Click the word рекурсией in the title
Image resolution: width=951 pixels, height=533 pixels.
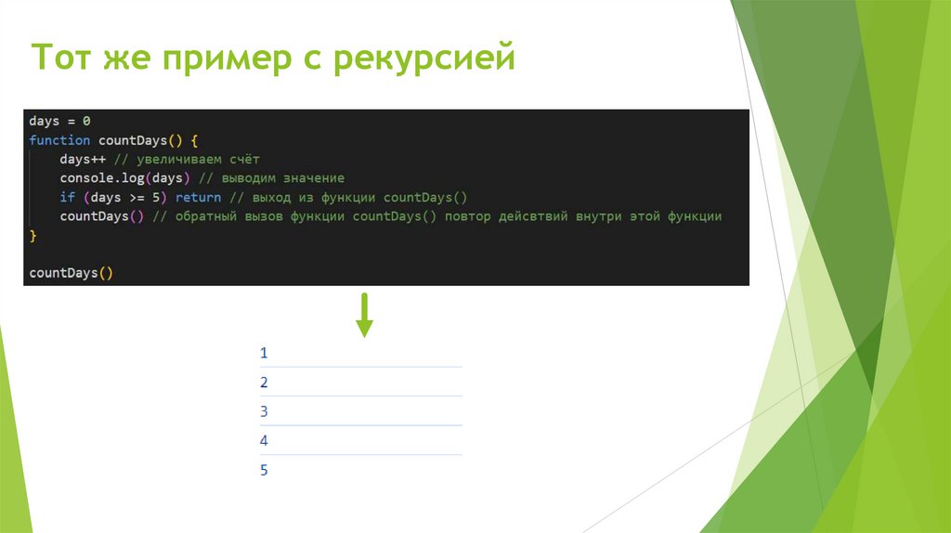click(x=422, y=60)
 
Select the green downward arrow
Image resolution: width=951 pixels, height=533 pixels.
click(x=364, y=315)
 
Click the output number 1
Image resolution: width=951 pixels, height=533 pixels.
click(x=264, y=353)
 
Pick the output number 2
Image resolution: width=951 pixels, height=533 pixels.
click(x=264, y=383)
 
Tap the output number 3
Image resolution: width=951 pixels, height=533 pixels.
click(x=264, y=411)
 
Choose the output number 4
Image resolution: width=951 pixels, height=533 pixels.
click(x=264, y=441)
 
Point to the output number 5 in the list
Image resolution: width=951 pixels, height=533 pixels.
click(x=264, y=471)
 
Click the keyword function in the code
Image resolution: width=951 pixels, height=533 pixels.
click(x=59, y=140)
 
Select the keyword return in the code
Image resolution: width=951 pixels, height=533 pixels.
click(x=198, y=197)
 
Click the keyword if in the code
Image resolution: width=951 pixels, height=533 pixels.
click(x=67, y=197)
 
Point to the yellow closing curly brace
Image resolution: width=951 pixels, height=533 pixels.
click(x=33, y=236)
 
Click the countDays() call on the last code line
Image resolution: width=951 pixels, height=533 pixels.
click(x=71, y=273)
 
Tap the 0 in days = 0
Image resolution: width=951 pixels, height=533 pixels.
click(x=86, y=122)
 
